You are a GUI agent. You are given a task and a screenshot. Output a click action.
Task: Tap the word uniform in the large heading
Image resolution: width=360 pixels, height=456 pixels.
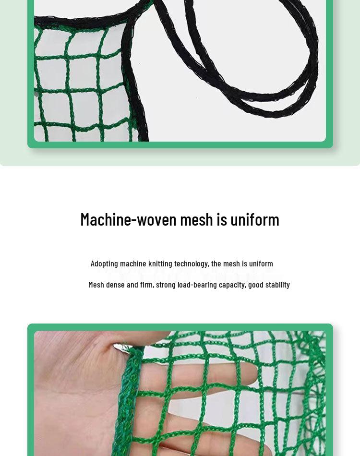pos(254,219)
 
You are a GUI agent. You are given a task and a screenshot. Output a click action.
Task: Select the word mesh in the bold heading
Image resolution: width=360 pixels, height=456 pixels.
pos(196,219)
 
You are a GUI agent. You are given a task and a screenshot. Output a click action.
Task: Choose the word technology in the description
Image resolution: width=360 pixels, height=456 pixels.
pos(191,264)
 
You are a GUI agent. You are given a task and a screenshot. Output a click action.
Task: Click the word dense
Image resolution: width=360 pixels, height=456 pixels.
pos(115,285)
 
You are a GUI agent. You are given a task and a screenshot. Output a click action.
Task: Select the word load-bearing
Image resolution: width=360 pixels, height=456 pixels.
pos(197,285)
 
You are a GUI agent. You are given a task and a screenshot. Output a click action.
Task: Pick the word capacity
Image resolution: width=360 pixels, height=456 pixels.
pos(232,285)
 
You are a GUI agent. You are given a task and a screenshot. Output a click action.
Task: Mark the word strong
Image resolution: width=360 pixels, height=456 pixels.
pos(166,285)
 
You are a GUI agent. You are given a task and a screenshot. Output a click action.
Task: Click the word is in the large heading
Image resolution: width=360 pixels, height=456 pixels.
pos(221,219)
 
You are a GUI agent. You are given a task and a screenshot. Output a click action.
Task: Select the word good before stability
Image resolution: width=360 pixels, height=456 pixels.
pos(255,285)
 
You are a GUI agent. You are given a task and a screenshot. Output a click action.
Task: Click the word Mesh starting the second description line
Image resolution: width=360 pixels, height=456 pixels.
pos(96,285)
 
